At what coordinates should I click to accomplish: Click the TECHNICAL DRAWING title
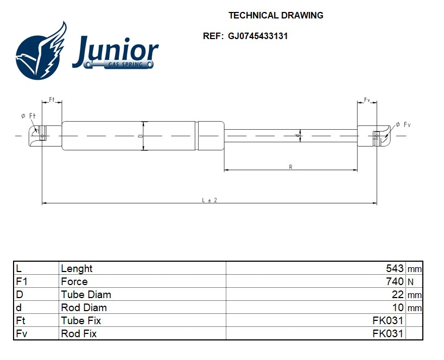tap(276, 15)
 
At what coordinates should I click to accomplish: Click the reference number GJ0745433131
tap(258, 36)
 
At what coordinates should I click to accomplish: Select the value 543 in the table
tap(395, 268)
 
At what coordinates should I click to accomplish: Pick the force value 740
tap(395, 281)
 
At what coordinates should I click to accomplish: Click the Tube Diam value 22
tap(398, 294)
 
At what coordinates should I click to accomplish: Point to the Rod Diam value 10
tap(398, 307)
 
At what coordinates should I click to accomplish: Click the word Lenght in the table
tap(77, 268)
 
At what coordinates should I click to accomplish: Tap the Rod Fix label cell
tap(79, 333)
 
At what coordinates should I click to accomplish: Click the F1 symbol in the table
tap(21, 281)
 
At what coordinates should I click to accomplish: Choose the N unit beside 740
tap(410, 282)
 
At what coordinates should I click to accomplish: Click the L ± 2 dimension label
tap(210, 200)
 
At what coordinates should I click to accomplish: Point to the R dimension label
tap(291, 167)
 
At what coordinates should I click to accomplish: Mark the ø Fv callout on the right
tap(403, 125)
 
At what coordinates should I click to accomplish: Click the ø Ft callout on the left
tap(28, 116)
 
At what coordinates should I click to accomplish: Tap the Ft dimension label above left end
tap(52, 100)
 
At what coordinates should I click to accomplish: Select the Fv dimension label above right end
tap(367, 100)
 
